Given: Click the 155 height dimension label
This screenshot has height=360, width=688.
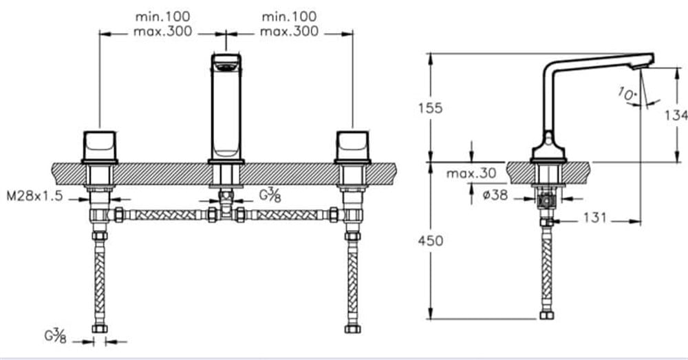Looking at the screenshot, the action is point(431,108).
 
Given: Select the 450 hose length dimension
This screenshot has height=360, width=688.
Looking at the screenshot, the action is point(431,241).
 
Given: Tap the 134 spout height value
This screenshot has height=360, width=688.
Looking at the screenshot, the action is point(676,115).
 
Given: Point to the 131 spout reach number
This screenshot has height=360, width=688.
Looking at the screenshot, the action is point(595,218).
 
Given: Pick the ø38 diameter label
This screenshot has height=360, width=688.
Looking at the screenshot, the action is point(495,194).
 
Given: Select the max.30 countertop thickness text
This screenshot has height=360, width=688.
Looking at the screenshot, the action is point(471,173).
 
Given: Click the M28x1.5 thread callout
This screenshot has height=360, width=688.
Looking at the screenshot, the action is point(34,195).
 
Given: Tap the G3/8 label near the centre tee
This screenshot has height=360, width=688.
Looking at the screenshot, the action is point(270,195).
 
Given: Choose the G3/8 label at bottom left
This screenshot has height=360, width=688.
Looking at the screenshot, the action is point(55,337).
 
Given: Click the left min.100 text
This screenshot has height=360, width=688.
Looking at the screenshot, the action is point(163,17).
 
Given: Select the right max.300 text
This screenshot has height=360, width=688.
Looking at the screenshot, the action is point(289,32).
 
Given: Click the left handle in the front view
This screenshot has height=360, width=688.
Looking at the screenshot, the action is point(100,146).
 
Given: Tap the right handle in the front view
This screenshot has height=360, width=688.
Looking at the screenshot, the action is point(352,146).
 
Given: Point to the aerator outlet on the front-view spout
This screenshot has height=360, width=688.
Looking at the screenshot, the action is point(226,67).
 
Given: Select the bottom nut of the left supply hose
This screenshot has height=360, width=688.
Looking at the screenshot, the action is point(100,329).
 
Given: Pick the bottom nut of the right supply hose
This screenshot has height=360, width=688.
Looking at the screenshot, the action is point(352,329).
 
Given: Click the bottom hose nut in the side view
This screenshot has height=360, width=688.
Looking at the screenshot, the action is point(547,315).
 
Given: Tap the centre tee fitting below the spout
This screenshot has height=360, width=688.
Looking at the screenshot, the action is point(226,207).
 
